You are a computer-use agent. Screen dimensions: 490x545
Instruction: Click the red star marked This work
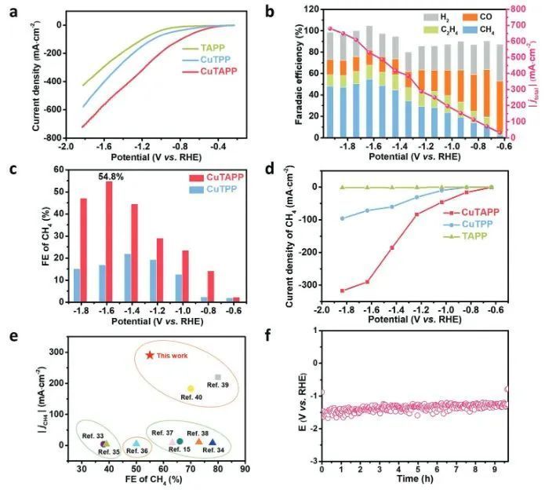point(150,355)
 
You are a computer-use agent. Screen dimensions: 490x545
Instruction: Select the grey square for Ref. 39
point(218,378)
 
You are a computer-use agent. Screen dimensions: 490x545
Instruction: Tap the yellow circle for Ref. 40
point(191,389)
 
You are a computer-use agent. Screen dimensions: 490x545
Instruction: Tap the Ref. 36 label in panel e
point(136,451)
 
